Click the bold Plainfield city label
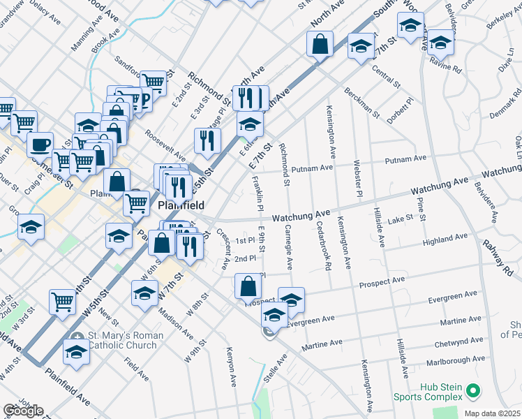coord(181,206)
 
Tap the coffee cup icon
coord(40,145)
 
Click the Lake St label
coord(401,218)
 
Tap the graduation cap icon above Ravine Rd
coord(440,43)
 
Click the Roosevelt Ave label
coord(165,143)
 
